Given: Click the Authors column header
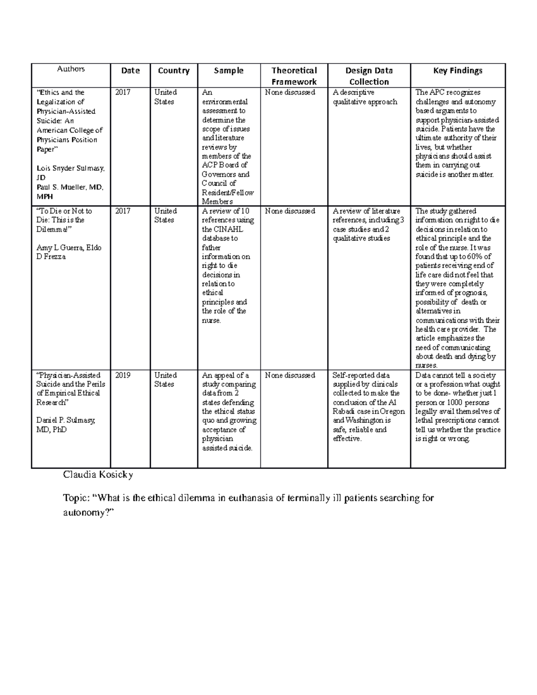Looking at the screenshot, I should coord(71,69).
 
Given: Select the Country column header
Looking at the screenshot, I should coord(174,71).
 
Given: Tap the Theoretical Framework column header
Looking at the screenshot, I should coord(294,76).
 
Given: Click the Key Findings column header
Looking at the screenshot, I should coord(457,71).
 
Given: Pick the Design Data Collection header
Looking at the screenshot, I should coord(369,76).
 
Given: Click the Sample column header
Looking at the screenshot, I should coord(229,71).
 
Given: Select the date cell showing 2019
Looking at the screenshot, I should coord(123,375).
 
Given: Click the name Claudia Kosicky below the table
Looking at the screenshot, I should coord(98,475).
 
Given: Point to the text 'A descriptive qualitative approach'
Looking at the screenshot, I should coord(365,97).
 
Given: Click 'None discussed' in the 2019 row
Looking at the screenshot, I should coord(290,375).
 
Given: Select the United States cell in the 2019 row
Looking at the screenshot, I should coord(165,380).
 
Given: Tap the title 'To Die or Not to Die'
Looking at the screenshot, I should coord(64,216).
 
